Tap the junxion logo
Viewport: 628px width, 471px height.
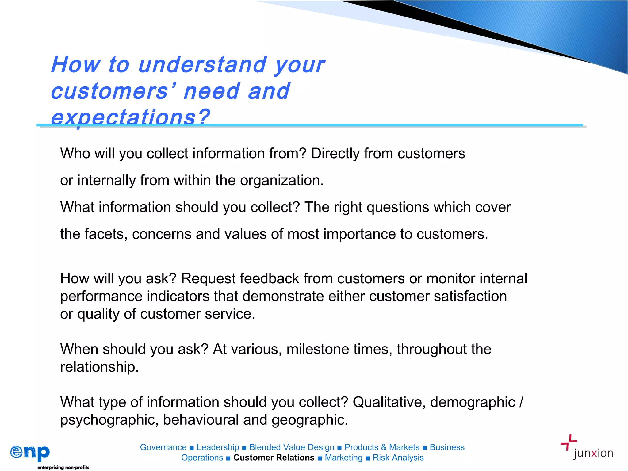coord(587,447)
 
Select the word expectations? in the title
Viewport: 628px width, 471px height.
coord(130,117)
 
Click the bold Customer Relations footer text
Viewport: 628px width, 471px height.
coord(274,458)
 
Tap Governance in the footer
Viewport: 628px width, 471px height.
coord(163,447)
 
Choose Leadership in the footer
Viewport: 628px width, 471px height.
coord(218,447)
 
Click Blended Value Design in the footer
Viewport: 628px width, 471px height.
coord(292,447)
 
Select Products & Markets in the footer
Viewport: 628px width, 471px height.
coord(382,447)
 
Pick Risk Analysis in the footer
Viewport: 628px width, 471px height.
coord(398,458)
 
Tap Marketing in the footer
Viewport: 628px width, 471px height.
coord(343,458)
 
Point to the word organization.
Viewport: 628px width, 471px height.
coord(282,180)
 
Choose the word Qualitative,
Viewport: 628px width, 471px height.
coord(389,402)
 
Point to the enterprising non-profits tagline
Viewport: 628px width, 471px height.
coord(63,467)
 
